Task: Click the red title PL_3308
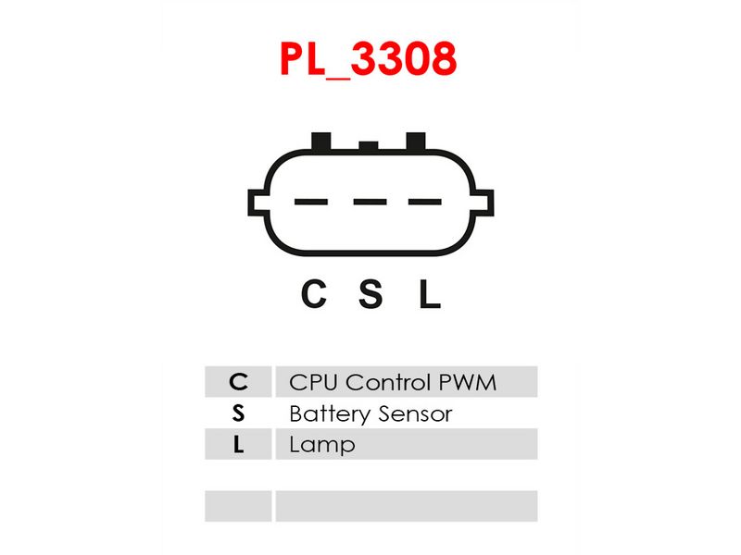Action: pos(368,59)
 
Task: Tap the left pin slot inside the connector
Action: pos(311,202)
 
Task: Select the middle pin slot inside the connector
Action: pos(370,202)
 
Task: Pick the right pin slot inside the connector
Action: pos(425,202)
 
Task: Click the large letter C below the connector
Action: pos(314,293)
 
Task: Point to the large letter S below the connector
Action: pos(370,293)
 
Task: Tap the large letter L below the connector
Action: pos(430,293)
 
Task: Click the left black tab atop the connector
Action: pos(321,142)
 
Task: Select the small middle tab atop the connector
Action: pos(369,146)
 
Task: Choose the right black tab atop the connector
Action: pos(416,142)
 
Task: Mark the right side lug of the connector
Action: pos(483,203)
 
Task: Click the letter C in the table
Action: pos(238,382)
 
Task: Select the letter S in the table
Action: pos(238,413)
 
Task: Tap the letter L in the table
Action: pos(239,445)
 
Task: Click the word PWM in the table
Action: pos(468,382)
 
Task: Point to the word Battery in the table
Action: pos(331,414)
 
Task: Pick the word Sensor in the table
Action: pos(415,413)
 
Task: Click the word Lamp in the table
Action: pos(322,446)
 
